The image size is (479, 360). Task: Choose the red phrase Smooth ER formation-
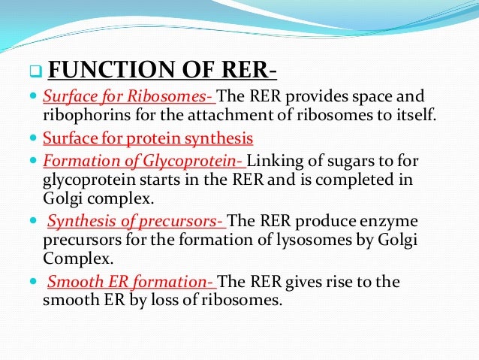tap(131, 283)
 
